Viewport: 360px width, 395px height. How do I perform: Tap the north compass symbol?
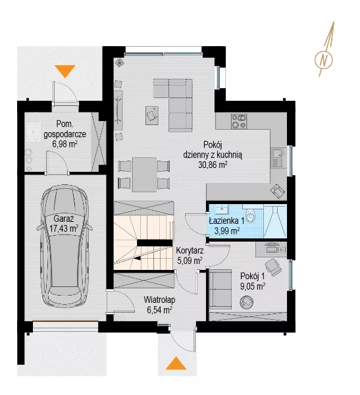(324, 59)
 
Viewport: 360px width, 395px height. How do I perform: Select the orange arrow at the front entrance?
(176, 363)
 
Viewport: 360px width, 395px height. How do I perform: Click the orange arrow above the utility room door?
(65, 71)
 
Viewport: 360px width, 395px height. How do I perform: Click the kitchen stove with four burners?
(239, 121)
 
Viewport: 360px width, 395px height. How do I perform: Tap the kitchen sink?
(278, 158)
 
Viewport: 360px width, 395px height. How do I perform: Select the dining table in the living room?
(144, 174)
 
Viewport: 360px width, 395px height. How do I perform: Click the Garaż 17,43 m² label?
(64, 224)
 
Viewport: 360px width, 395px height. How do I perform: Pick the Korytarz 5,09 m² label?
(190, 255)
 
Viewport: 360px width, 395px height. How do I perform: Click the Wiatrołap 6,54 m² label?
(159, 305)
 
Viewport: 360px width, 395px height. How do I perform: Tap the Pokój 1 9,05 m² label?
(253, 281)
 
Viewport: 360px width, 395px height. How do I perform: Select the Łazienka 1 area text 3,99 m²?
(227, 230)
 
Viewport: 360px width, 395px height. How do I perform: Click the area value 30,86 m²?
(213, 165)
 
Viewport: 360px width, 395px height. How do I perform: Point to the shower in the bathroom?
(275, 221)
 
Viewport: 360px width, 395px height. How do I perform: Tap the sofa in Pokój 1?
(220, 289)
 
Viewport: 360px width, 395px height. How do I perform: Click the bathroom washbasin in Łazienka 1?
(221, 209)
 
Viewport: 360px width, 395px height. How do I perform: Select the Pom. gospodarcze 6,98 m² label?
(64, 134)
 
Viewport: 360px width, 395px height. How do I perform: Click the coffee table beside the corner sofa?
(152, 115)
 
